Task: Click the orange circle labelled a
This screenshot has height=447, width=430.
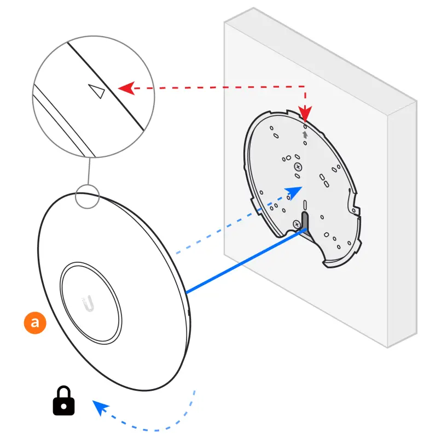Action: pyautogui.click(x=34, y=322)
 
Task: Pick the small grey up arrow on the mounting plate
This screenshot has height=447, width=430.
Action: pyautogui.click(x=305, y=133)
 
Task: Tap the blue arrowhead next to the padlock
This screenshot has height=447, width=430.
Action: pyautogui.click(x=100, y=407)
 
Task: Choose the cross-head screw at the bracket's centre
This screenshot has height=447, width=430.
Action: pyautogui.click(x=298, y=166)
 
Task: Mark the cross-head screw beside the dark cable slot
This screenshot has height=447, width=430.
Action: pyautogui.click(x=295, y=224)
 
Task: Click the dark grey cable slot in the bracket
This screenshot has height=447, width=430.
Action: pyautogui.click(x=305, y=221)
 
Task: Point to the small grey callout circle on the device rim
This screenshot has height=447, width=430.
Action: pyautogui.click(x=87, y=196)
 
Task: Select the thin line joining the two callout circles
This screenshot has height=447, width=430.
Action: pyautogui.click(x=88, y=170)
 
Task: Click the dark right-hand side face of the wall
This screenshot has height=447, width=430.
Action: pyautogui.click(x=402, y=219)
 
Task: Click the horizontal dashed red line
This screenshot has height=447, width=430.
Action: pyautogui.click(x=219, y=86)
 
